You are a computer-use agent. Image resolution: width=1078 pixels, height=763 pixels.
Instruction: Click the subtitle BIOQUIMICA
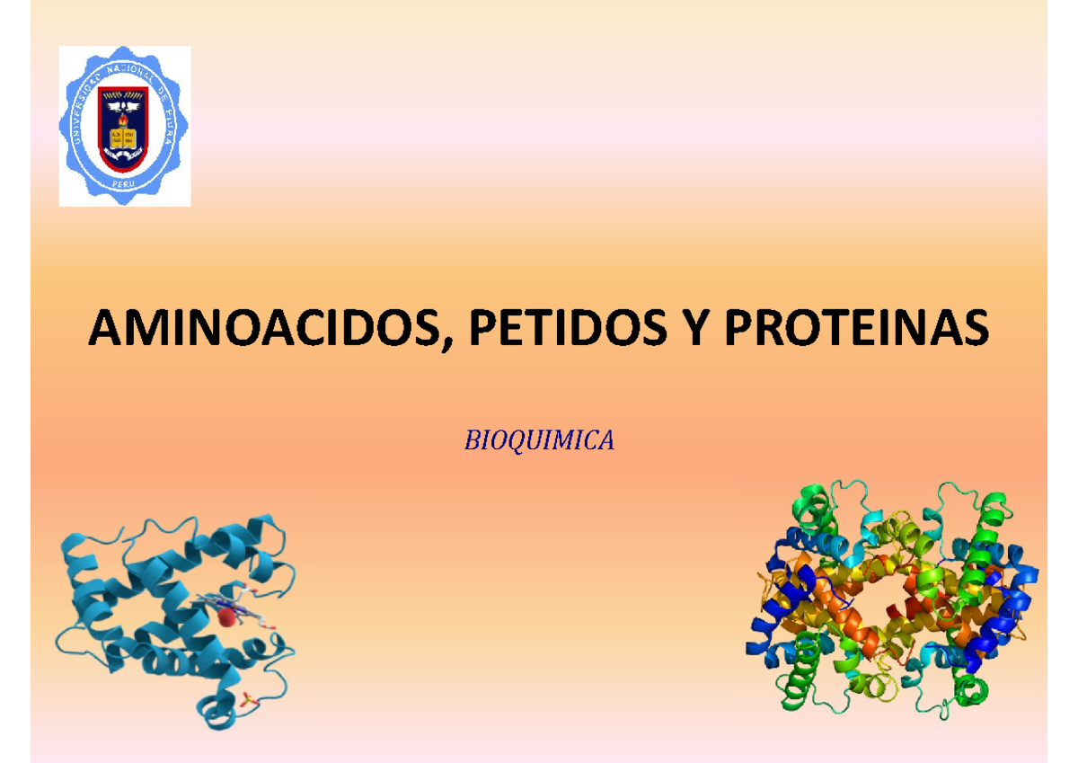click(539, 440)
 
